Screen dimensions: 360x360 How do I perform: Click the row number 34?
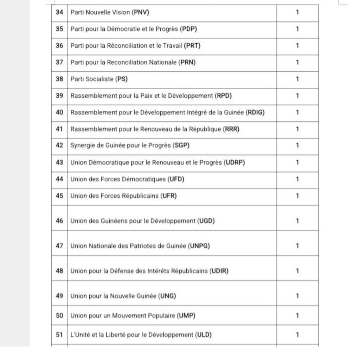coord(59,13)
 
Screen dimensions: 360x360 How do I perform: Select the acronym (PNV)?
coord(140,13)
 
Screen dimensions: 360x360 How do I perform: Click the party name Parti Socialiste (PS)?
coord(99,79)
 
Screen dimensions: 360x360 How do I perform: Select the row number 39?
coord(59,96)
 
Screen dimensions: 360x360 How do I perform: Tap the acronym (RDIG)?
coord(256,112)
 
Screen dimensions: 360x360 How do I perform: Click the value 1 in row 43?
coord(297,162)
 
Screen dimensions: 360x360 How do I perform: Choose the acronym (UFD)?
coord(175,179)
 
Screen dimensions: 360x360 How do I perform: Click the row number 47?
coord(59,246)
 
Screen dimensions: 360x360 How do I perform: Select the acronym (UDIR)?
coord(219,271)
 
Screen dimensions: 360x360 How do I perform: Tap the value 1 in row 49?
coord(297,296)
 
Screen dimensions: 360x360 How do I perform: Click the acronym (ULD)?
coord(204,335)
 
